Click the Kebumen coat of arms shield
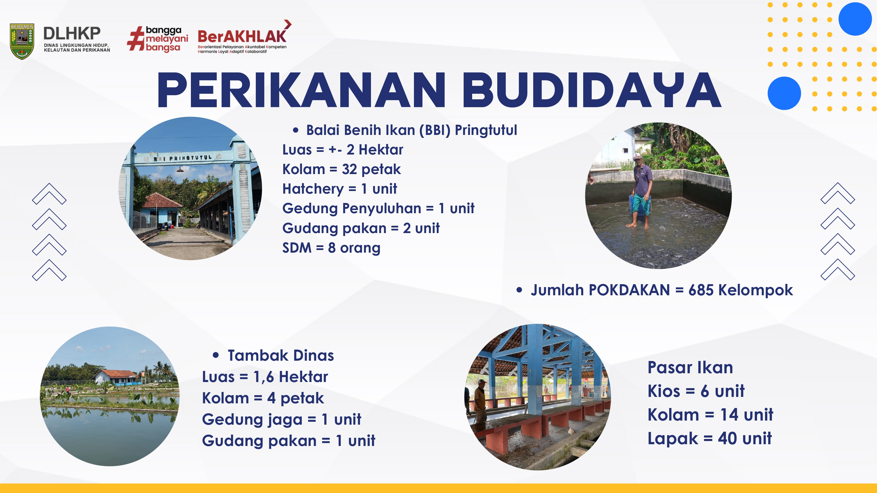pos(22,41)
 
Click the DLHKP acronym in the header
pos(72,33)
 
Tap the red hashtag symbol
pos(136,39)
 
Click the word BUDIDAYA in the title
pos(591,90)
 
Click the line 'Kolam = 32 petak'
pos(341,169)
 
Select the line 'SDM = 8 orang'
pos(331,248)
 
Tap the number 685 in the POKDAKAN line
pos(701,290)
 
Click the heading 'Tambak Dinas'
pos(281,355)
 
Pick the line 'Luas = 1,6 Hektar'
pos(265,377)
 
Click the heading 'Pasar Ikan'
pos(690,367)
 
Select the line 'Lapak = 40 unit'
pos(709,438)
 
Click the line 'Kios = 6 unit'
pos(696,391)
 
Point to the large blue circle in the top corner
pos(855,19)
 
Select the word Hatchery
pos(313,189)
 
